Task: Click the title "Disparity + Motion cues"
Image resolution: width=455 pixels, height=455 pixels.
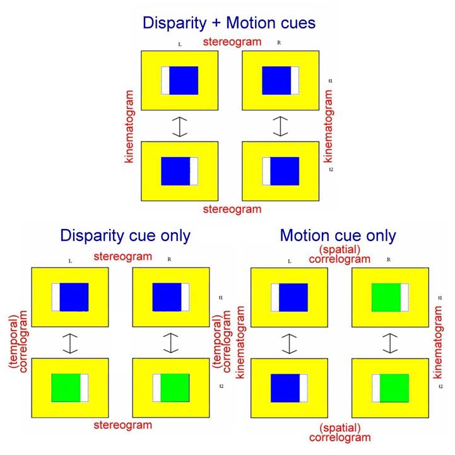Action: [x=229, y=23]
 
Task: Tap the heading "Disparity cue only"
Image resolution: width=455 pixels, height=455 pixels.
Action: [x=125, y=235]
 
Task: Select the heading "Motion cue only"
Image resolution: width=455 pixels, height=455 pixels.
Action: [x=338, y=235]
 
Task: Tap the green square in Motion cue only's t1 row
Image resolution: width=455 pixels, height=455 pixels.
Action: [x=386, y=297]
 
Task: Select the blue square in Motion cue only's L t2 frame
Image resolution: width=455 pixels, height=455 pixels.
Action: [x=285, y=387]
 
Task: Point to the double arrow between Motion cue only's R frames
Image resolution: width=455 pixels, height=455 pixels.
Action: [x=389, y=343]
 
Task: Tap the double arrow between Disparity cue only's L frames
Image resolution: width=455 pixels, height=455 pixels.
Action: [x=70, y=343]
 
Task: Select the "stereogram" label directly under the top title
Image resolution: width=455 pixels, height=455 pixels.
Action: [x=232, y=42]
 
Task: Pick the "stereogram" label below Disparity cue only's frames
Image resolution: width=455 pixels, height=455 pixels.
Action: [x=122, y=426]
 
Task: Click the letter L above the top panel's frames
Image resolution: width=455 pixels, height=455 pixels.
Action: [x=179, y=44]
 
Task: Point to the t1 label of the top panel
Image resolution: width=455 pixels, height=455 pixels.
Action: [x=330, y=81]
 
